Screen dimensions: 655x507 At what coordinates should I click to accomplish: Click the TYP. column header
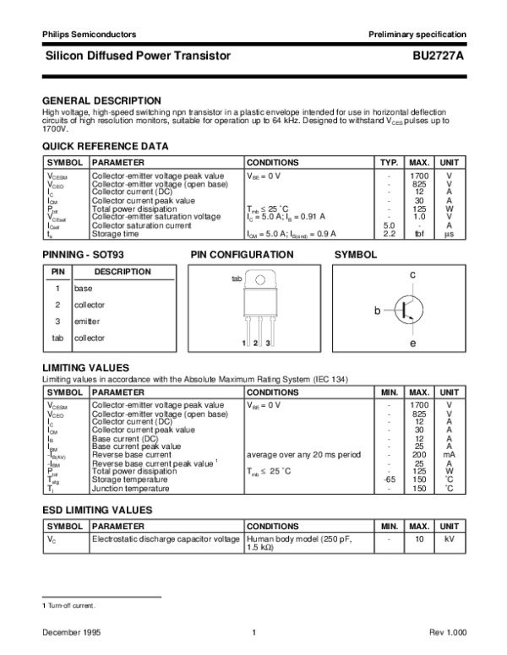(389, 162)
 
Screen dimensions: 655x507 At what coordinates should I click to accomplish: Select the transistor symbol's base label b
(378, 312)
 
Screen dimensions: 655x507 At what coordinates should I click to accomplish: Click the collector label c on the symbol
(413, 276)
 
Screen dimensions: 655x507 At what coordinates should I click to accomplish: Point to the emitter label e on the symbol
(413, 344)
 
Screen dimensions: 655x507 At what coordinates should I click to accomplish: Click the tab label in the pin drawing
(237, 279)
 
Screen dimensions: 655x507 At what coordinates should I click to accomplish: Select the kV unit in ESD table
(449, 538)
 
